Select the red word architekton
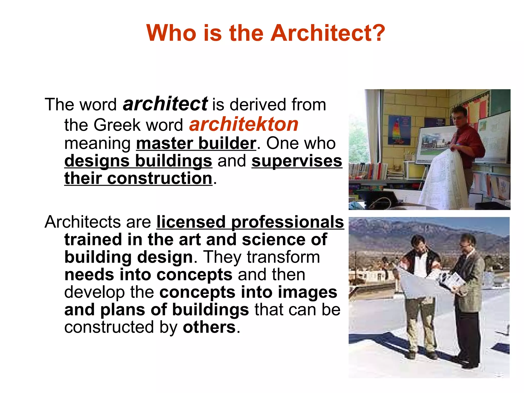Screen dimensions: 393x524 (244, 125)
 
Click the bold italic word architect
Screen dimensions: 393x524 (165, 104)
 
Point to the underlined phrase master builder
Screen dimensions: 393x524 (196, 143)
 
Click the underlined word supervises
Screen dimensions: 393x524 (297, 161)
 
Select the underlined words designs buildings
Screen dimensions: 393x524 (138, 161)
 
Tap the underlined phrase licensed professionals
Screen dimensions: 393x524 (250, 222)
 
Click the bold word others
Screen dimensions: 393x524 (209, 327)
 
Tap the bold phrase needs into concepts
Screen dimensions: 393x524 (148, 275)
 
